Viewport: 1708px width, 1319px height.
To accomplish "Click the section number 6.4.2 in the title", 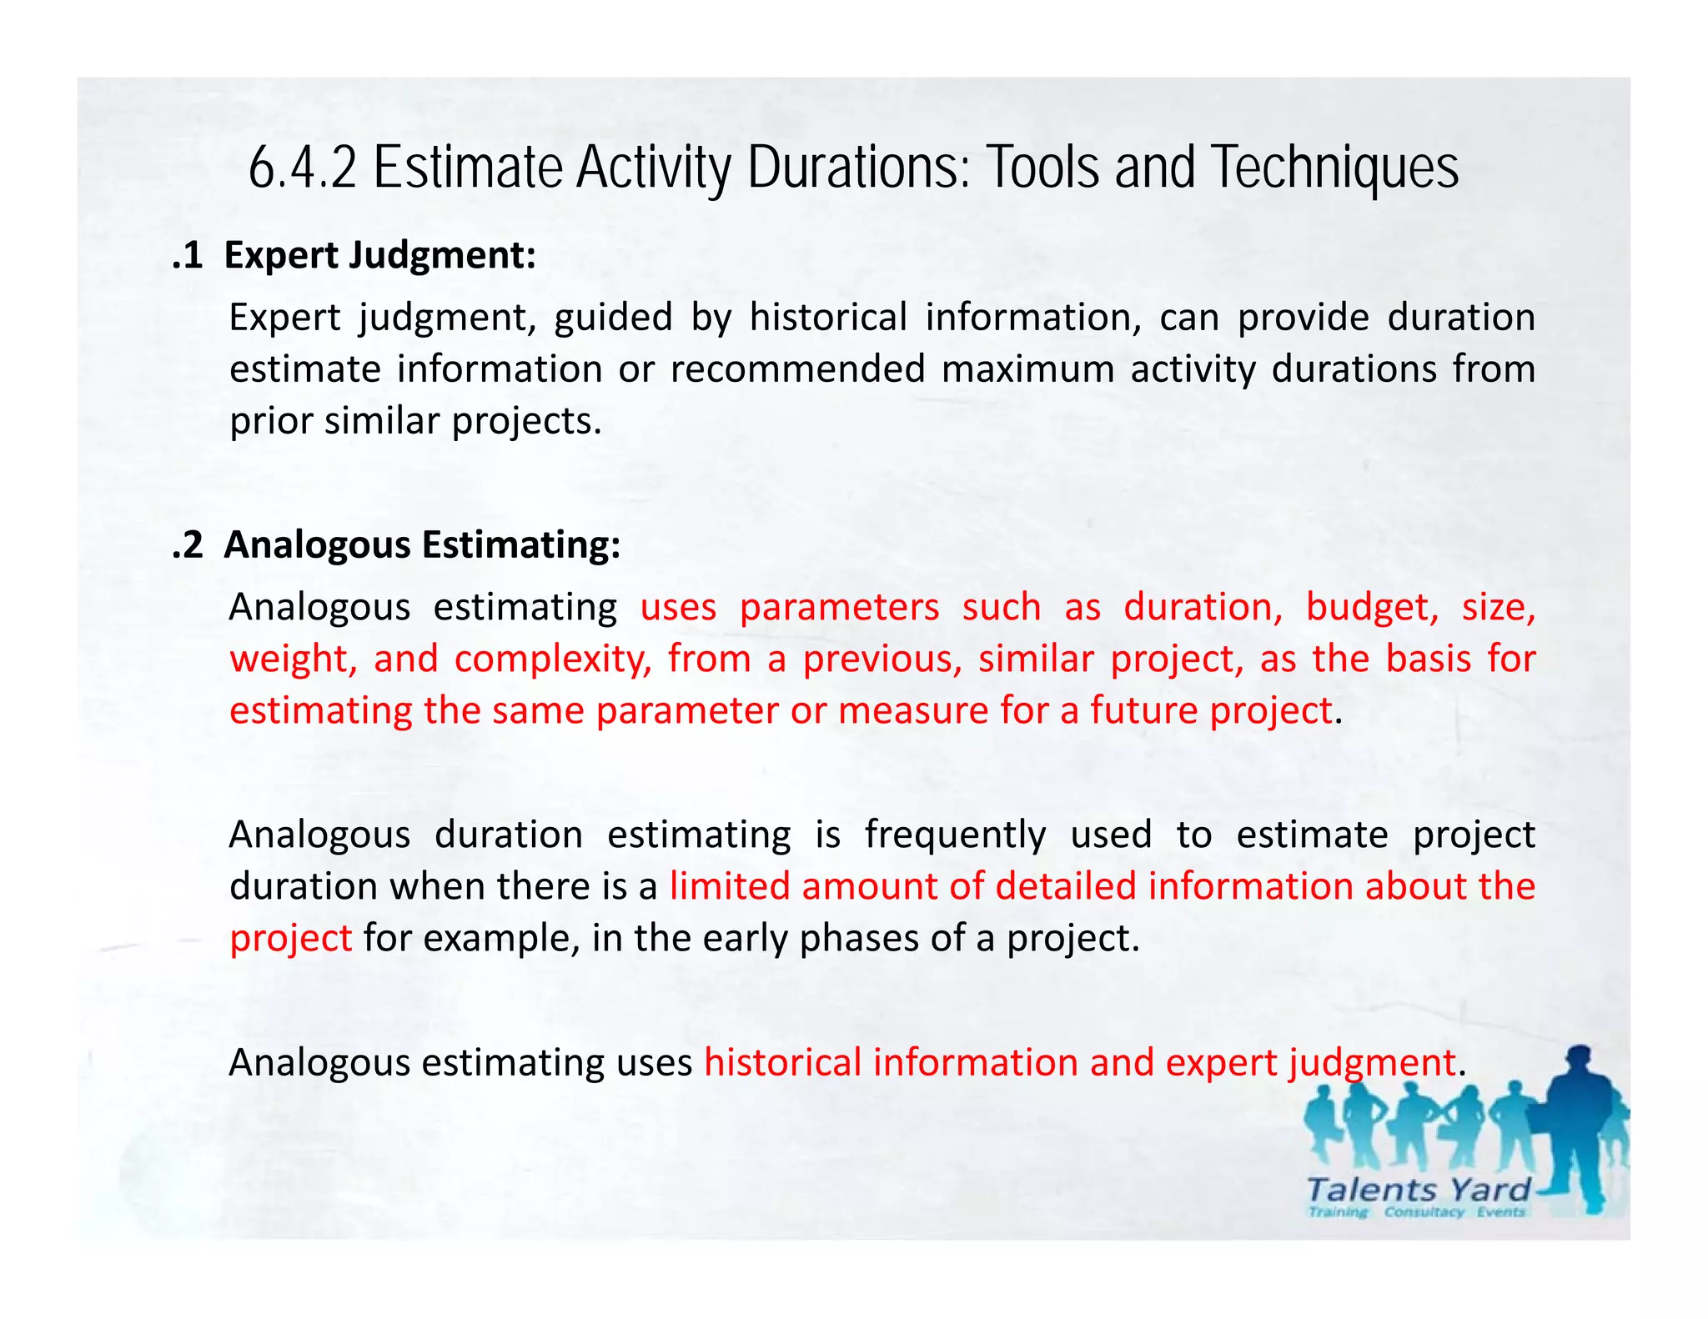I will point(303,168).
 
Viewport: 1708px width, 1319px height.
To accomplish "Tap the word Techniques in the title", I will point(1334,168).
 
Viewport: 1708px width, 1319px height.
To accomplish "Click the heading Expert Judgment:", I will point(379,255).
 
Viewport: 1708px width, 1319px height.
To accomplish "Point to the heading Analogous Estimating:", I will point(422,544).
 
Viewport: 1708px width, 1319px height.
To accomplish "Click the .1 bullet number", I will point(188,255).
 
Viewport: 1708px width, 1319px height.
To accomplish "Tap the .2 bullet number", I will point(188,544).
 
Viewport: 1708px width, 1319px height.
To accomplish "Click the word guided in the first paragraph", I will point(613,318).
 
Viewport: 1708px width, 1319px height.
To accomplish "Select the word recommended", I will point(798,369).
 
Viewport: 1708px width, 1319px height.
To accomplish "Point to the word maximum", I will point(1027,369).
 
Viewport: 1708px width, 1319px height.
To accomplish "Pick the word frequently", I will point(955,835).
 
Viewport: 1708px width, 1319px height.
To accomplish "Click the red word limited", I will point(729,886).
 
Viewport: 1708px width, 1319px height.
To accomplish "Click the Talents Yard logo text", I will point(1418,1190).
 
